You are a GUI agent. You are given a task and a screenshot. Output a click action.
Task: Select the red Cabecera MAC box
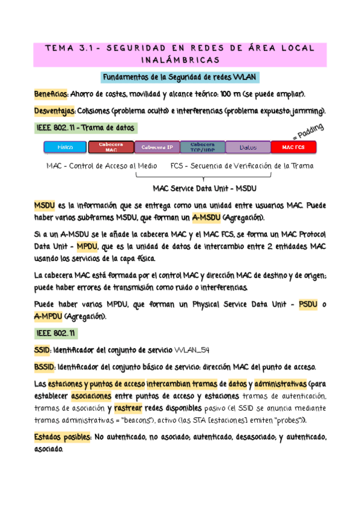coord(111,147)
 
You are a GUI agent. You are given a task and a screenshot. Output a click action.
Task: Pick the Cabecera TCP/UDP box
coord(203,147)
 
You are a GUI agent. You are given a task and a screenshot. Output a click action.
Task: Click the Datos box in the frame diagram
coord(248,147)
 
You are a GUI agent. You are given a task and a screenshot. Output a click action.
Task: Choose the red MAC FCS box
coord(293,147)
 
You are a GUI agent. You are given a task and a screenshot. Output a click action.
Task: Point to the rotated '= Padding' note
coord(308,131)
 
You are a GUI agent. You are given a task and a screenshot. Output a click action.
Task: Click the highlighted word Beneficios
coord(50,94)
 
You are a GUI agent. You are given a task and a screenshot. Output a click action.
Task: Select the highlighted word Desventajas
coord(54,111)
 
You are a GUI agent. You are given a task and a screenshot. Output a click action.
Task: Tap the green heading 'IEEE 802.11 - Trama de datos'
coord(87,128)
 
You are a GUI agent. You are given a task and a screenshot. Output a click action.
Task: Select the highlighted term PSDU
coord(309,305)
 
